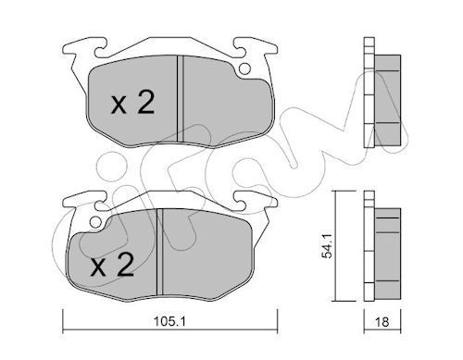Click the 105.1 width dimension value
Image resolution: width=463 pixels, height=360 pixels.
pyautogui.click(x=169, y=321)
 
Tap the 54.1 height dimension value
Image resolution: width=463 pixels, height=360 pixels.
pyautogui.click(x=327, y=246)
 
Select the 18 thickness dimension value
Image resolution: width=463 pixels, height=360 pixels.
pyautogui.click(x=382, y=322)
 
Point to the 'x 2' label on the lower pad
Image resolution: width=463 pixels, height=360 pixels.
pyautogui.click(x=112, y=265)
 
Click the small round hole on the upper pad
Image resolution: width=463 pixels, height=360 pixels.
pyautogui.click(x=244, y=68)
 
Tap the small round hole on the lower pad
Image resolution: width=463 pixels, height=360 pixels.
pyautogui.click(x=95, y=222)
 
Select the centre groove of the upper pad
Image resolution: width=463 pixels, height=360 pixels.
pyautogui.click(x=181, y=99)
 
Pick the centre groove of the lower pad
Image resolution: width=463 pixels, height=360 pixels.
pyautogui.click(x=159, y=252)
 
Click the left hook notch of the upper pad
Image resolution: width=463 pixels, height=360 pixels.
pyautogui.click(x=101, y=49)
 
